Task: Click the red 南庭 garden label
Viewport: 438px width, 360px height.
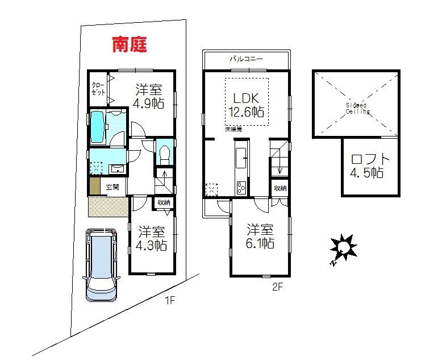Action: point(129,45)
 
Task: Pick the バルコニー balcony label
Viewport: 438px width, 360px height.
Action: point(246,59)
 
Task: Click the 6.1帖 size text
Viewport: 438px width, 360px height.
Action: point(261,243)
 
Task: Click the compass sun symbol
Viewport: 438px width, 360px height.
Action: point(344,246)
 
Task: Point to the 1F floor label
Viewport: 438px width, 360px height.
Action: point(169,301)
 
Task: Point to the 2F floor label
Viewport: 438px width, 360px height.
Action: point(277,288)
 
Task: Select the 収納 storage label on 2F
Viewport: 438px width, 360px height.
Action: point(280,188)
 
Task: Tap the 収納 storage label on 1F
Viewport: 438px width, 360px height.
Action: point(164,202)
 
